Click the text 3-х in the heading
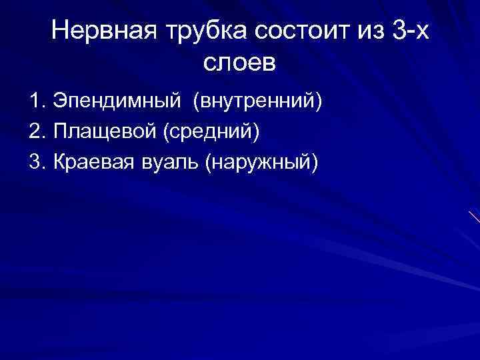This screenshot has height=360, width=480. [x=411, y=31]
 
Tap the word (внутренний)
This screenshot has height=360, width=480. [x=257, y=103]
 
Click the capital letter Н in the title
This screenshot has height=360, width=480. [x=59, y=31]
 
